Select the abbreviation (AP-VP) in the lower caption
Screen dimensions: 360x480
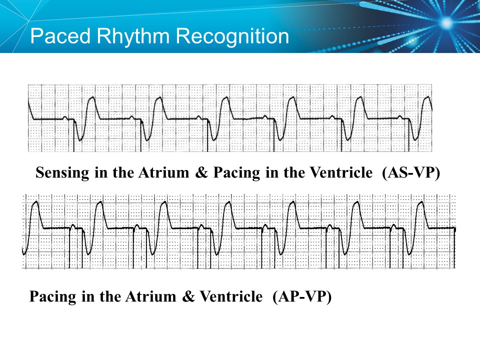click(302, 296)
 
